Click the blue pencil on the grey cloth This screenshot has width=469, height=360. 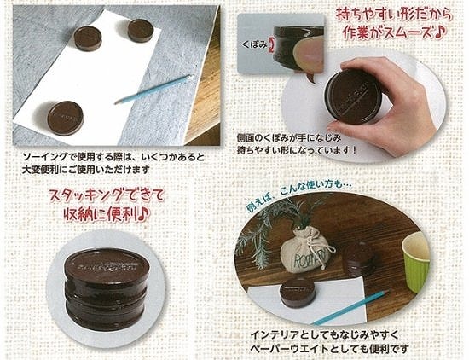point(153,89)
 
